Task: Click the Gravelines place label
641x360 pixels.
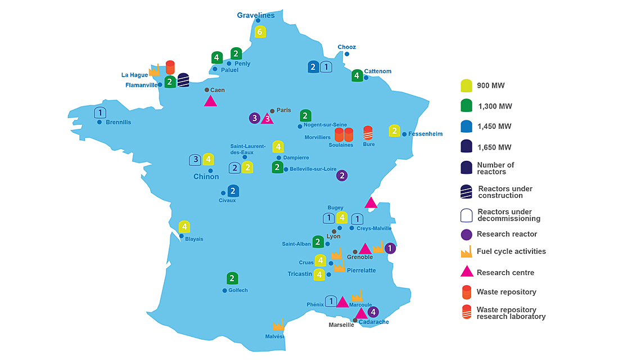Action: [256, 15]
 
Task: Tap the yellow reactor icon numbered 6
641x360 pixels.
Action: [259, 31]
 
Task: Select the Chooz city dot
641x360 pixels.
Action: [347, 54]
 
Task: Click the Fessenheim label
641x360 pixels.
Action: [426, 134]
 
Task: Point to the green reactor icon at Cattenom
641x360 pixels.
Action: [356, 75]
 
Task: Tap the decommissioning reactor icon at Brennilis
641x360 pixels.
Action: [100, 112]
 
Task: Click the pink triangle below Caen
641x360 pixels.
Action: [210, 101]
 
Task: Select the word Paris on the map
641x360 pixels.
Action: [284, 110]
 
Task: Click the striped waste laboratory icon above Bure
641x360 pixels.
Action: [368, 133]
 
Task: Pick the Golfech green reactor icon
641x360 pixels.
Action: [232, 278]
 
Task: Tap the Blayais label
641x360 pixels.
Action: [194, 239]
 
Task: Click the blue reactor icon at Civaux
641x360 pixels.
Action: [233, 191]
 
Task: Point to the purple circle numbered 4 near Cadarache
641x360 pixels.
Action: [373, 312]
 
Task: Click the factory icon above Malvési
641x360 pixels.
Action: [278, 325]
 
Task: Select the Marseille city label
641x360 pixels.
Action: [341, 325]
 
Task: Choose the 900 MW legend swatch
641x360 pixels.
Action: [466, 85]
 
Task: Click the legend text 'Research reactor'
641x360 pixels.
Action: [507, 234]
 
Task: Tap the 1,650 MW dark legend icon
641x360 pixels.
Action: [466, 147]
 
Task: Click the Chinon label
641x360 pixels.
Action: [206, 177]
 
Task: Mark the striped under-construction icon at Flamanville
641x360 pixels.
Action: [183, 80]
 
